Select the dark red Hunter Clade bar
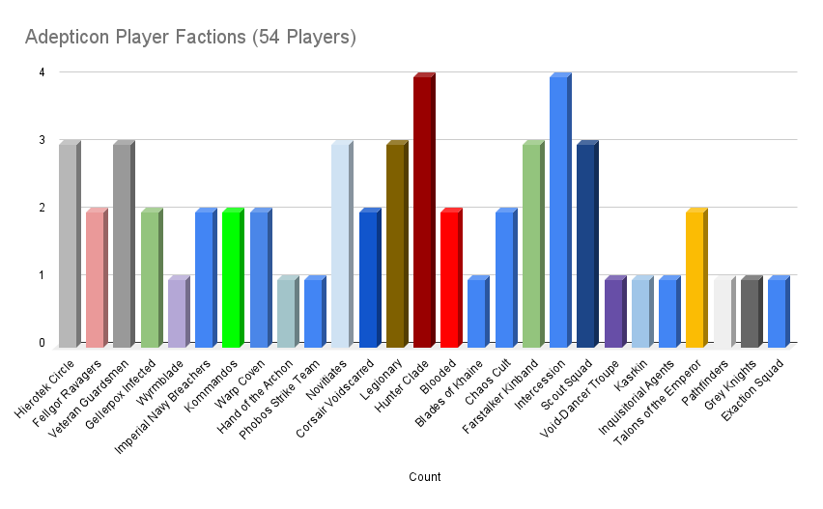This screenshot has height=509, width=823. pyautogui.click(x=423, y=212)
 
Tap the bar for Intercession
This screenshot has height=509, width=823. pyautogui.click(x=559, y=212)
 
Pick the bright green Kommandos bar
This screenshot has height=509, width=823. pyautogui.click(x=232, y=279)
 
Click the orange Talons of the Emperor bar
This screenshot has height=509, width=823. pyautogui.click(x=695, y=279)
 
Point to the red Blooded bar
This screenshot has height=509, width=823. pyautogui.click(x=450, y=279)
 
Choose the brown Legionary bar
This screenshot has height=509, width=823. pyautogui.click(x=396, y=245)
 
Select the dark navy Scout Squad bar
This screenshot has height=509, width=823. pyautogui.click(x=586, y=245)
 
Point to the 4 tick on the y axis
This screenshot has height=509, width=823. pyautogui.click(x=41, y=71)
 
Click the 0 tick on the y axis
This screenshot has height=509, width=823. pyautogui.click(x=41, y=343)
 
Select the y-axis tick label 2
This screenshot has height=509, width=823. pyautogui.click(x=41, y=208)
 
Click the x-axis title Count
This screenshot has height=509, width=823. pyautogui.click(x=425, y=477)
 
